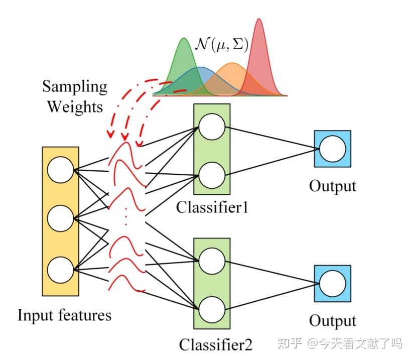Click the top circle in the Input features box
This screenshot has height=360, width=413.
pos(60,170)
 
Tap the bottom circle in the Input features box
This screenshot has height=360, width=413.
pos(60,269)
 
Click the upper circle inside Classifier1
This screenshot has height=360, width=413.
pos(211,127)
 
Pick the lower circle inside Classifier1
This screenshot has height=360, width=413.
pos(211,175)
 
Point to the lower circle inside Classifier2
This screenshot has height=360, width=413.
pos(211,309)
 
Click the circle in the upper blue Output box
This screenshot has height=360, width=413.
pos(332,149)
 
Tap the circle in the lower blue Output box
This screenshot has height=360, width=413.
pos(332,284)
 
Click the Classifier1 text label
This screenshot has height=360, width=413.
pos(212,207)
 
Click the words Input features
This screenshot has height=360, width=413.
pos(64,315)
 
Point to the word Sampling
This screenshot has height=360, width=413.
pos(74,87)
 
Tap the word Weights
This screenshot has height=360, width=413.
pos(73,106)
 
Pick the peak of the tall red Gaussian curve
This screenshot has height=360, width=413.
pos(259,20)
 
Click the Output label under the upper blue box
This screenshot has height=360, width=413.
pos(332,186)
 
